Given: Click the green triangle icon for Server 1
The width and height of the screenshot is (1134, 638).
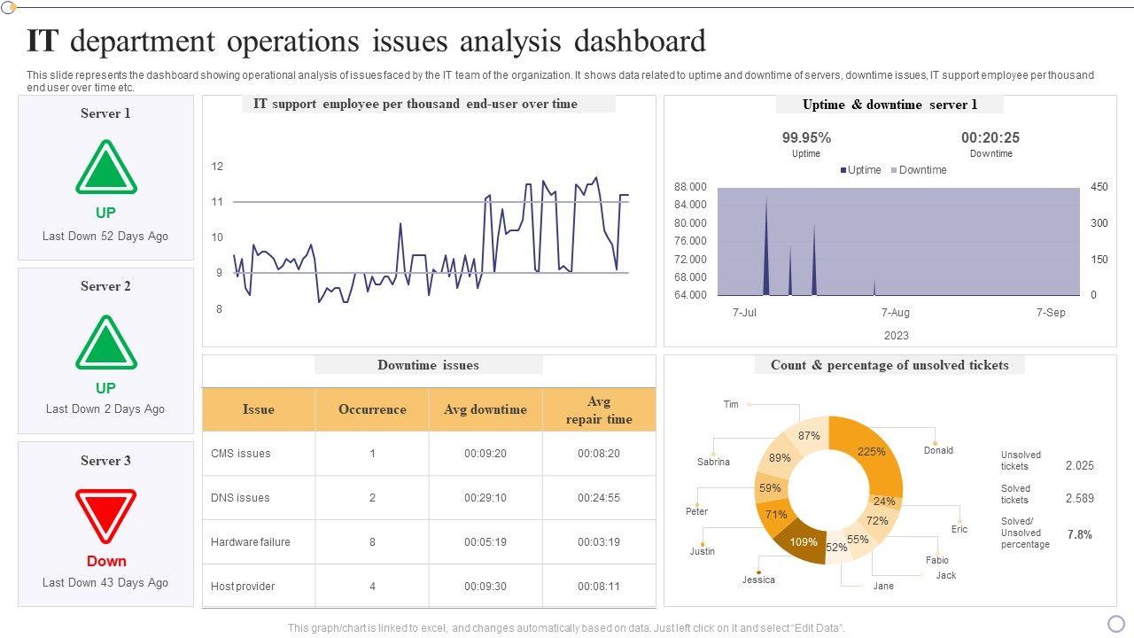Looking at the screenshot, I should point(106,168).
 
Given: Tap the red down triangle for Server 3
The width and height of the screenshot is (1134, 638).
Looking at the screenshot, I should point(106,514).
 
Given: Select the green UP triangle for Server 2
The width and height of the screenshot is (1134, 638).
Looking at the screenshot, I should point(106,343).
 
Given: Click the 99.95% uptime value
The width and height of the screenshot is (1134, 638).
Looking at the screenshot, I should point(806,137).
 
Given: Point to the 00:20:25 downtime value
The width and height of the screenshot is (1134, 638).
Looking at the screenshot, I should point(990,137).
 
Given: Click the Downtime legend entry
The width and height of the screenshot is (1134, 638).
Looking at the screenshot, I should point(922,170).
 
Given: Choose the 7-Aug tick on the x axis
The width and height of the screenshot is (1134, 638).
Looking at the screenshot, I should point(896,313).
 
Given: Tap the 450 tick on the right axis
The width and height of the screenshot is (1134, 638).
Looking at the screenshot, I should point(1099,187).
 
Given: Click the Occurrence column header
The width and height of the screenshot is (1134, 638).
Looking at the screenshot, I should point(372,409).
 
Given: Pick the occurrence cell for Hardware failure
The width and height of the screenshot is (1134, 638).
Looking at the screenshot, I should point(372,542).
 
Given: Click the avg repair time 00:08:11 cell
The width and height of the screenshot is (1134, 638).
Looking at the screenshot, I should point(599,587).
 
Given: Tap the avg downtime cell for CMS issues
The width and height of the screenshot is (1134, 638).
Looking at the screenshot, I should point(485,454).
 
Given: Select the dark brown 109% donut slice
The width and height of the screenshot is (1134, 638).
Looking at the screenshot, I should point(802,542).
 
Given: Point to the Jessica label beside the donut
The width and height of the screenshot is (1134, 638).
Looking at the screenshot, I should point(758,580).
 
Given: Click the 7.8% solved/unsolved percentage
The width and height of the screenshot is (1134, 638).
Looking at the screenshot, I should point(1080,534).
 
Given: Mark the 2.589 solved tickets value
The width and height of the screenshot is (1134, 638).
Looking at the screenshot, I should point(1080,499).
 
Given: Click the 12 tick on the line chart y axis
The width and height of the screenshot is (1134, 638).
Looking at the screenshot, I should point(217,167).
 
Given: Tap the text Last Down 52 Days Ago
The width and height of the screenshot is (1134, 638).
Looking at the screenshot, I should point(105,237).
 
